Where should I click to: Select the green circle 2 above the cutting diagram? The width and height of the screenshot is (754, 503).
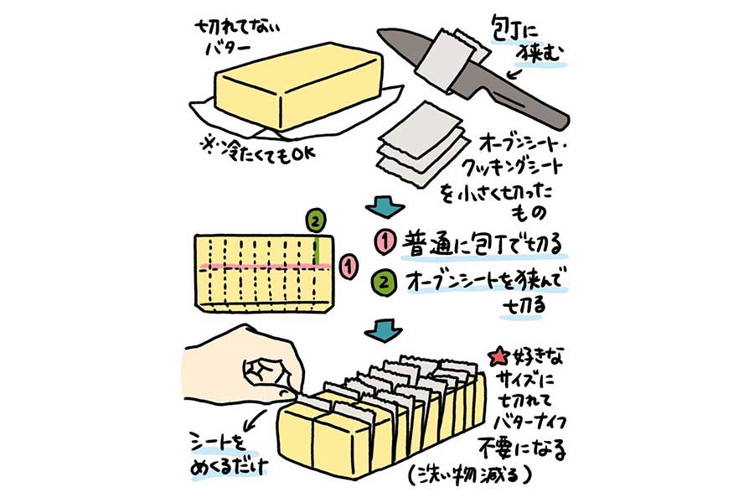[x=314, y=221]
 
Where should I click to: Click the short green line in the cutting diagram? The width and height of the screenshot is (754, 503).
[x=318, y=250]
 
